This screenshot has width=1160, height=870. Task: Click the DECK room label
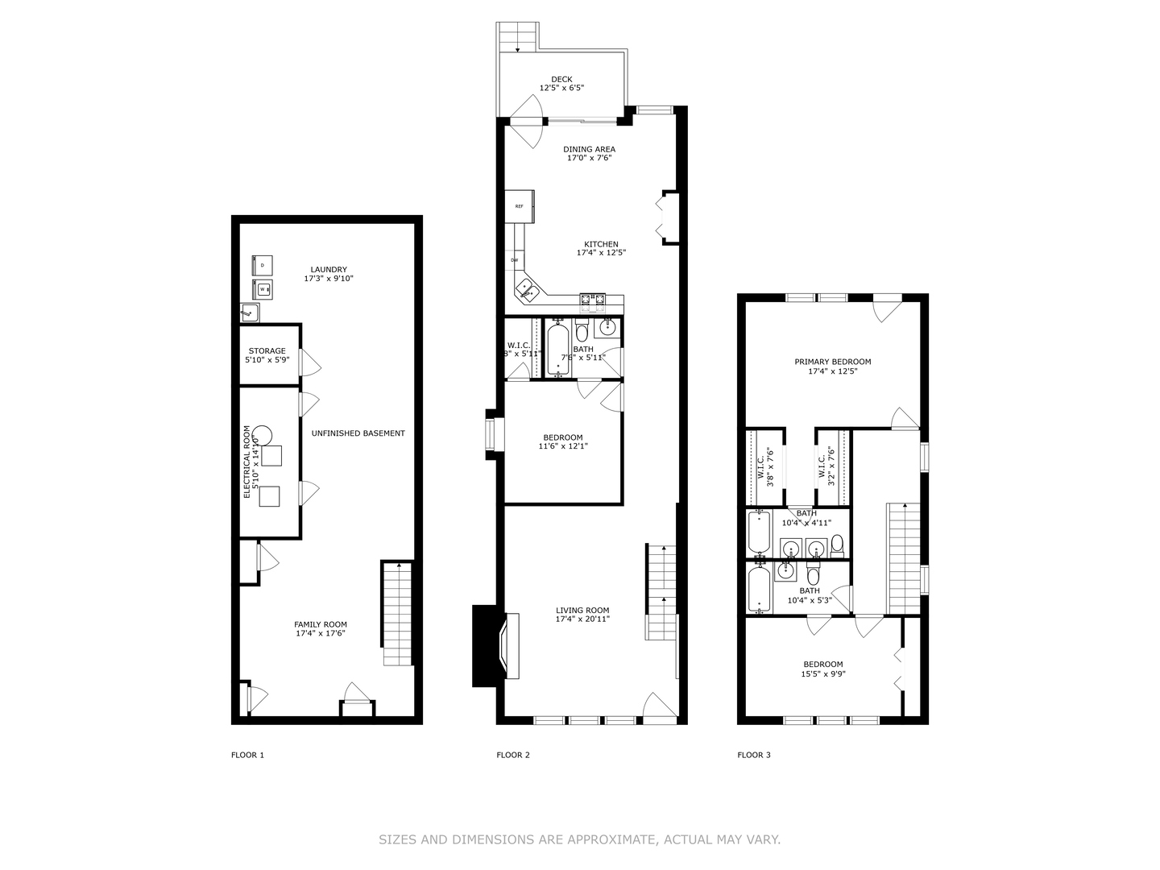coord(561,79)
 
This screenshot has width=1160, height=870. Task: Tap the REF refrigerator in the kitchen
coord(520,206)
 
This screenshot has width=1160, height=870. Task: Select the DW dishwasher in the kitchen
coord(514,260)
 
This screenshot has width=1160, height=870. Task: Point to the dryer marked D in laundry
coord(263,264)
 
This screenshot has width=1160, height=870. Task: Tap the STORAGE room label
coord(267,351)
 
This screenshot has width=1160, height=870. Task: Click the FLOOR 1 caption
coord(247,755)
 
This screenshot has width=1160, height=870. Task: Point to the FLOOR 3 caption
coord(754,755)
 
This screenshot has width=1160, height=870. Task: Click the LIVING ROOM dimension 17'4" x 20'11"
coord(582,619)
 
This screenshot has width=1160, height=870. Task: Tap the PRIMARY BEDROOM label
coord(833,362)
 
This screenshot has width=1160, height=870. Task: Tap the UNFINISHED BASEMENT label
coord(358,433)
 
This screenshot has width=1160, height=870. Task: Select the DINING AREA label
coord(589,149)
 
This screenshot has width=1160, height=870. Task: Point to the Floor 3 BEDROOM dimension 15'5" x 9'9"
coord(822,674)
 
